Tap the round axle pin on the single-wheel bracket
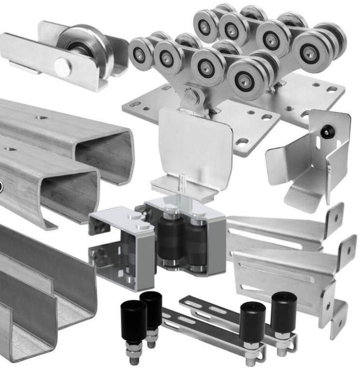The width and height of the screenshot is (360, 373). [62, 67]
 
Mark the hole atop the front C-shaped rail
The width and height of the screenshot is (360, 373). [9, 148]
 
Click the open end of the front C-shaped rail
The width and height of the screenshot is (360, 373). [69, 197]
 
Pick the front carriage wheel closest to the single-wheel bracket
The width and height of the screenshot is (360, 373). [141, 54]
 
